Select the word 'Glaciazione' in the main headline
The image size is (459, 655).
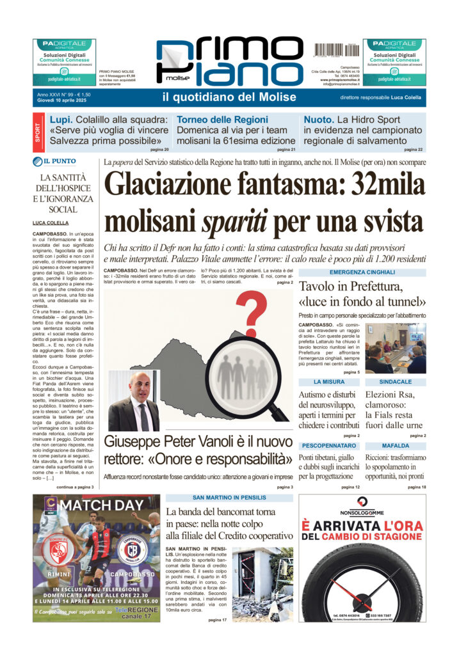(x=172, y=185)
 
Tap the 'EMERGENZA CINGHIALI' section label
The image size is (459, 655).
(x=362, y=272)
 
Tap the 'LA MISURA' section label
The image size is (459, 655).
(x=329, y=381)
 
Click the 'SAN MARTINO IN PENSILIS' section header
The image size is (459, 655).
(x=229, y=498)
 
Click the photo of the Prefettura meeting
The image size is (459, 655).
(x=396, y=347)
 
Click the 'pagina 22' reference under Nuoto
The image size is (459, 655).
(x=413, y=149)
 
